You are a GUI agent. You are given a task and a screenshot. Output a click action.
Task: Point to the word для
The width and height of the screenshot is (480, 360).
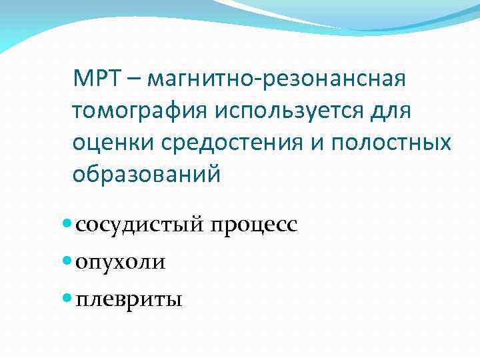click(x=393, y=111)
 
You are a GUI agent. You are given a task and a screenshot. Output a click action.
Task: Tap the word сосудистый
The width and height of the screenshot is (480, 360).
click(x=142, y=225)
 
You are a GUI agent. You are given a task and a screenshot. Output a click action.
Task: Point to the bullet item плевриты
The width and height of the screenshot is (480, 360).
click(x=128, y=299)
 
